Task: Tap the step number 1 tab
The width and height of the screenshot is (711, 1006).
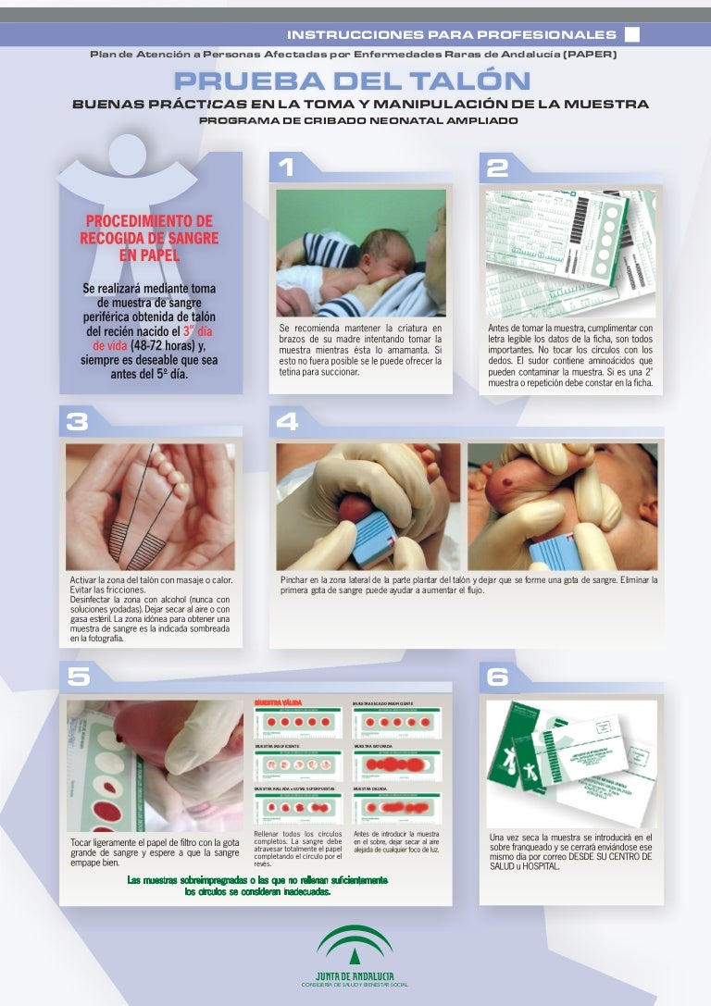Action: [x=286, y=168]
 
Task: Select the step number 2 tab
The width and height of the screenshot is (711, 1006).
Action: [x=497, y=168]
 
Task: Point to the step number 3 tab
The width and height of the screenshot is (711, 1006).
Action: [x=78, y=422]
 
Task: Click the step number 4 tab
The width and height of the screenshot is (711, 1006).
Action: [x=288, y=422]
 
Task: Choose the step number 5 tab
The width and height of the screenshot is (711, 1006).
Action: [x=78, y=677]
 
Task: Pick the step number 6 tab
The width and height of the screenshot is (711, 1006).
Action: [x=497, y=677]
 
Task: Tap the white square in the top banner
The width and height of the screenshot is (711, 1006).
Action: [x=632, y=35]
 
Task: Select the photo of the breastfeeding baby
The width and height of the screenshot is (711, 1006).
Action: [x=360, y=253]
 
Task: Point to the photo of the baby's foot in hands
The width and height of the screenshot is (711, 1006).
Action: [x=149, y=506]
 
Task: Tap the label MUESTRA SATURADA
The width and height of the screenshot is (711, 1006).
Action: [x=372, y=745]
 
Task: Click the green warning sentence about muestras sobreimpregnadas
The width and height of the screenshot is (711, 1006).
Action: [x=256, y=886]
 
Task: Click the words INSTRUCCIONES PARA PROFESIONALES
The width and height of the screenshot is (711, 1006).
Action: [x=451, y=35]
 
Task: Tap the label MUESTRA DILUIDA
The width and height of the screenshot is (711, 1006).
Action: [x=370, y=788]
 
